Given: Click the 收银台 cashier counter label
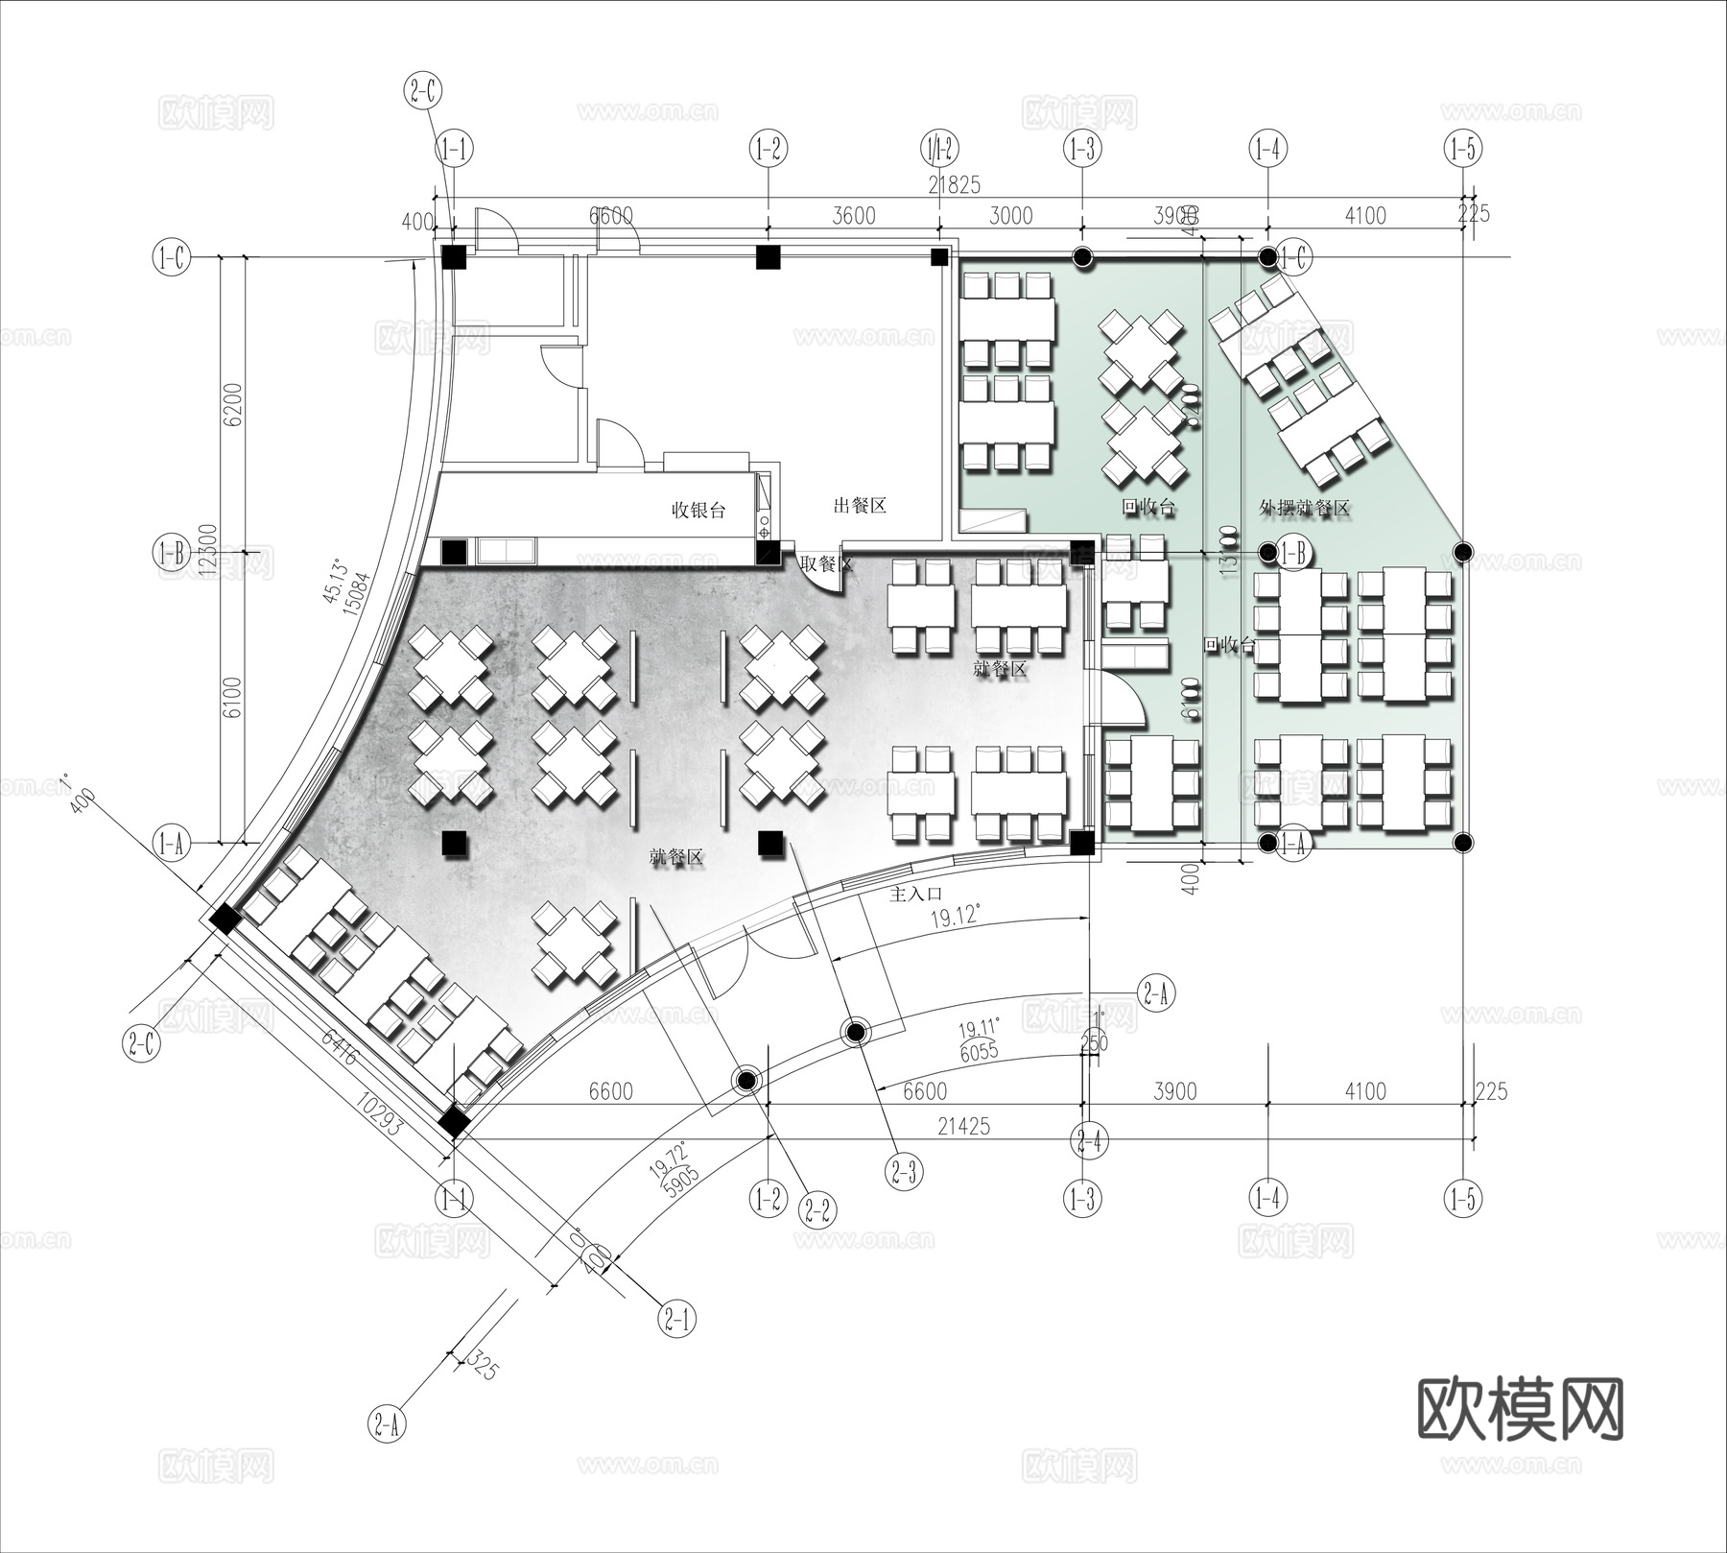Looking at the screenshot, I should coord(698,510).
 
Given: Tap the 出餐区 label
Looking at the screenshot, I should coord(859,506).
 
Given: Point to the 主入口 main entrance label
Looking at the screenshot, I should coord(915,894).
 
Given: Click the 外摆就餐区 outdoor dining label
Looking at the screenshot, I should coord(1304,508).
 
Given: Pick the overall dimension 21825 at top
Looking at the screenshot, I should coord(954,184).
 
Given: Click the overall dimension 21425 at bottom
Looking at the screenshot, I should coord(962,1126).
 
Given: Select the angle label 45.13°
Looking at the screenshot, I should coord(335,582).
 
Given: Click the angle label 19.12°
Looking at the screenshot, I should coord(955,916).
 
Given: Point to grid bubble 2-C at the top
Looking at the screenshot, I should coord(423,92).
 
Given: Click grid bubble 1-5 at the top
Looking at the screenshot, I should coord(1462,149).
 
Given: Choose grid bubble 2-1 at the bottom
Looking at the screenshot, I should coord(677,1321).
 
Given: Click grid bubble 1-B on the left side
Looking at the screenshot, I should coord(172,553).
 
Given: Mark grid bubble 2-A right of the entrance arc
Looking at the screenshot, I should coord(1155,993).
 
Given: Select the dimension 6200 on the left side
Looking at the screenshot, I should coord(233,405).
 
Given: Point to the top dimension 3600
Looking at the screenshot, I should coord(853,216).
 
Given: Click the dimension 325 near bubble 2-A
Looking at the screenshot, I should coord(485,1367).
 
